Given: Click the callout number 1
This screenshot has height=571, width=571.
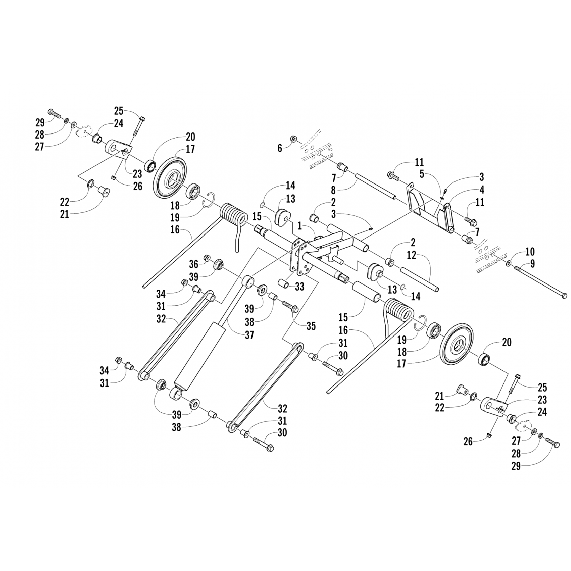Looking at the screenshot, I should coord(300,226).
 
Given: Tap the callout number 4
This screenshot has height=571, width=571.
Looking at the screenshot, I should coord(482,189).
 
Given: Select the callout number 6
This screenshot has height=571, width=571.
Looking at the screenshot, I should coord(280,148).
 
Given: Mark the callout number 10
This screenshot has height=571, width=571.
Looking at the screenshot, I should coord(530,252).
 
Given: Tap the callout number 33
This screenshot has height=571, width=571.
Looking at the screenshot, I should coord(300,287).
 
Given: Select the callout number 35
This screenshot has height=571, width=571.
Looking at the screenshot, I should coord(311,326).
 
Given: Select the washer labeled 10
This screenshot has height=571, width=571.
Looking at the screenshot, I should coord(509,263).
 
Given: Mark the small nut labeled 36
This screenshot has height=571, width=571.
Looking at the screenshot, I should coord(208,258).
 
